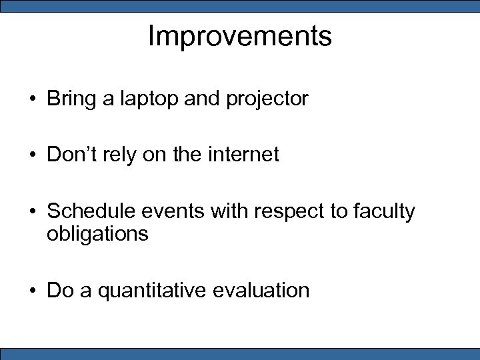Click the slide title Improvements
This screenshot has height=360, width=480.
pyautogui.click(x=239, y=36)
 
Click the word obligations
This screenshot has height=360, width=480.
pyautogui.click(x=97, y=235)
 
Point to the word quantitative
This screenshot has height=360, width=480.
pyautogui.click(x=154, y=291)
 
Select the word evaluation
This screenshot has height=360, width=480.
pyautogui.click(x=263, y=291)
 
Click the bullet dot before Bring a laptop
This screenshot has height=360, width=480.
pyautogui.click(x=32, y=100)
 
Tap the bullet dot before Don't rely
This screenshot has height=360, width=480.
pyautogui.click(x=32, y=156)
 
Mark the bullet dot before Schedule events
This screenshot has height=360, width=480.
pyautogui.click(x=32, y=212)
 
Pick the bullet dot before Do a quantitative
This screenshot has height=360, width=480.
pyautogui.click(x=32, y=291)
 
